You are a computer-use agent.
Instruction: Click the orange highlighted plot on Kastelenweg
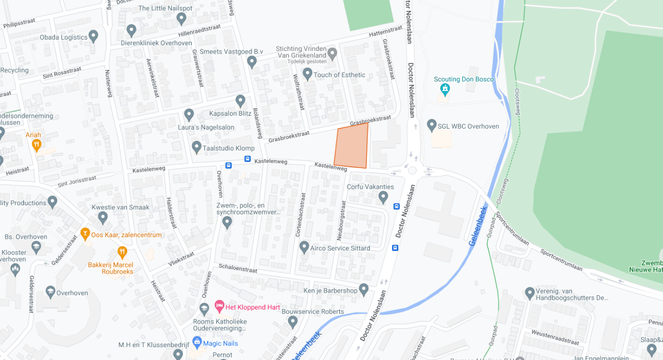click(x=352, y=146)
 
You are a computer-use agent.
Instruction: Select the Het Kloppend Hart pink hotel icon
click(x=219, y=307)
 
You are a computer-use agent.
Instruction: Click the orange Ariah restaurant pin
click(x=36, y=145)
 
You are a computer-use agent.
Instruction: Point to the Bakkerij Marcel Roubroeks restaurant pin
click(x=122, y=252)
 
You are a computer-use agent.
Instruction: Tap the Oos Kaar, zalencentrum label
click(x=126, y=235)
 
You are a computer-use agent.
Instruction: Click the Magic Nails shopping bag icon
click(x=196, y=343)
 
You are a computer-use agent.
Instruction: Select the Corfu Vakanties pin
click(x=383, y=196)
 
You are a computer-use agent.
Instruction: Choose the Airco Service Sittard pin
click(x=304, y=247)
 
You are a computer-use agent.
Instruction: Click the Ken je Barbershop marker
click(x=364, y=290)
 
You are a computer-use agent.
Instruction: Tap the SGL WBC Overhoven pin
click(x=432, y=125)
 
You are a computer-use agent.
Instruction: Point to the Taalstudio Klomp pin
click(x=196, y=148)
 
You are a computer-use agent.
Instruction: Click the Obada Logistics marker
click(x=93, y=36)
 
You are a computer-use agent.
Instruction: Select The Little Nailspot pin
click(x=181, y=19)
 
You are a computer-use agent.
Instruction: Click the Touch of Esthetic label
click(x=340, y=75)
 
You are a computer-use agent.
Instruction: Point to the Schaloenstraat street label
click(x=237, y=268)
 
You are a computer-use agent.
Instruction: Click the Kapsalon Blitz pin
click(x=240, y=101)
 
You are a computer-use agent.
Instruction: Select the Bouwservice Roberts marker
click(x=292, y=322)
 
